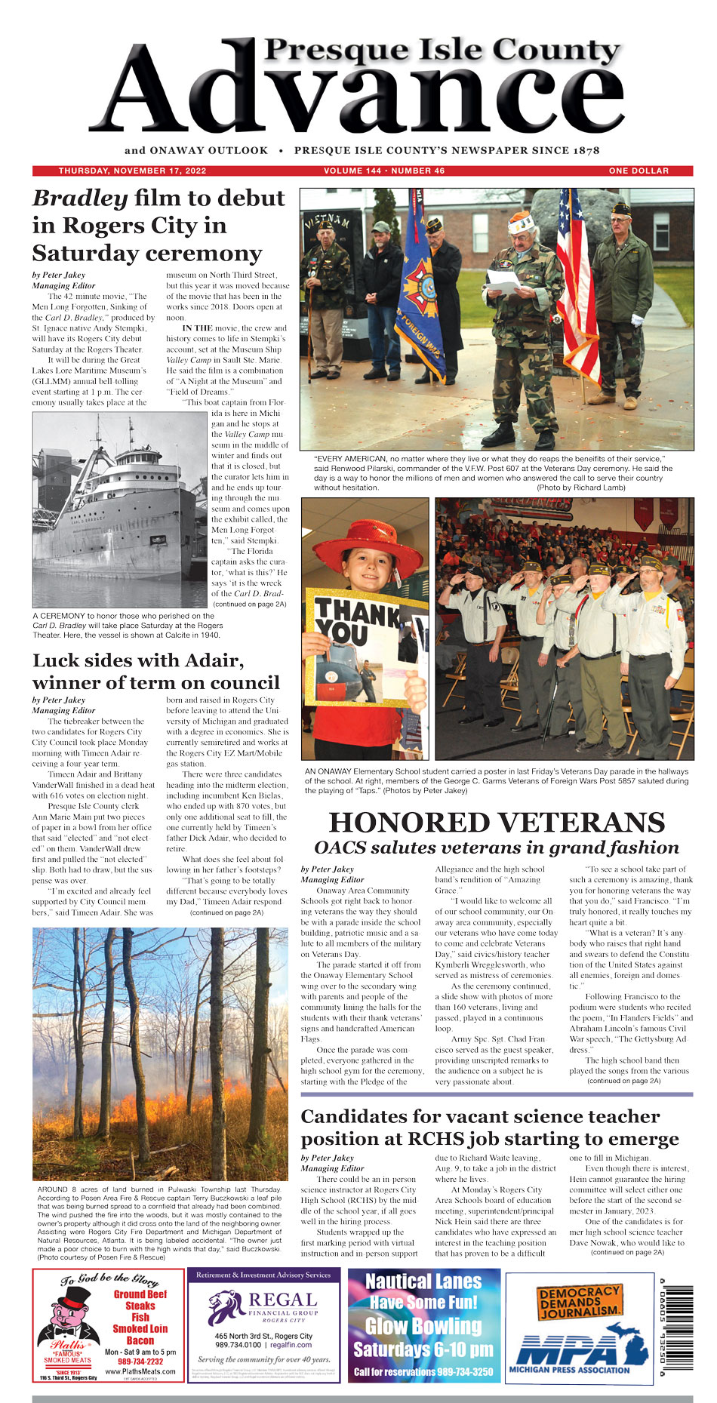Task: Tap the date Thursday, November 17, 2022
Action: (122, 171)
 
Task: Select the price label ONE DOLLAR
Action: (639, 171)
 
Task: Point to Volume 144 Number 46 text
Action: (384, 171)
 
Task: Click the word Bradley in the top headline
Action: (80, 198)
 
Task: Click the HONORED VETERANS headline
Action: (497, 822)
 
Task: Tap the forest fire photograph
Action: (160, 1054)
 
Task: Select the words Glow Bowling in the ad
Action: (423, 1326)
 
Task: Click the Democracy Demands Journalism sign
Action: (579, 1301)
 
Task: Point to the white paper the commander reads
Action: (502, 282)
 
